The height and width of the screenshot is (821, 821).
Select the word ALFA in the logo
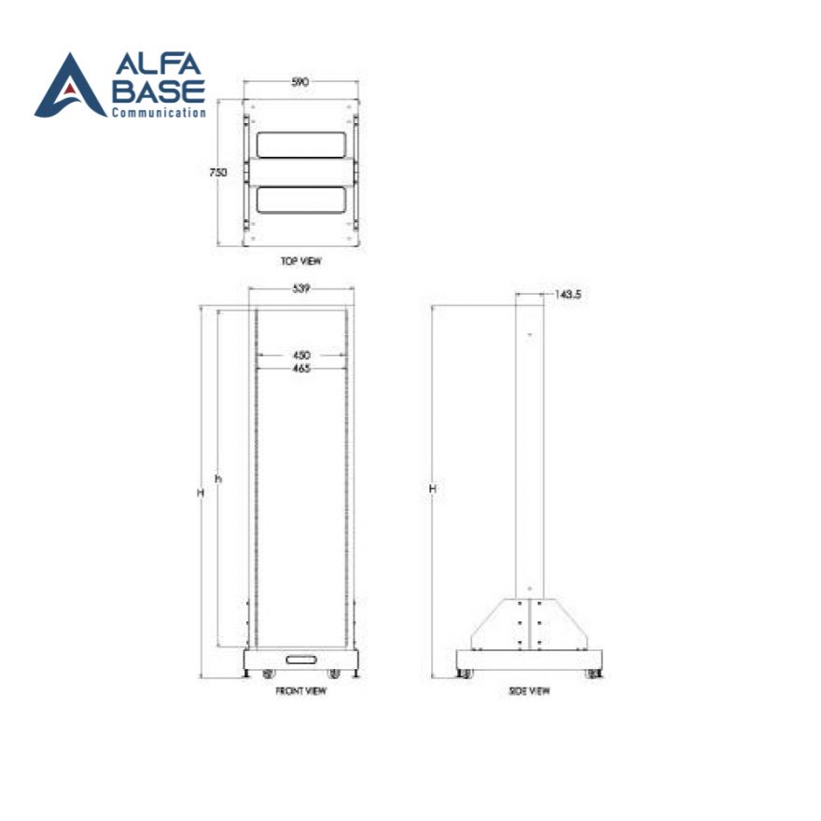158,66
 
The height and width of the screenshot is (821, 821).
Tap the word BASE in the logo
159,91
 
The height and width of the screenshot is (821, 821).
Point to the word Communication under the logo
159,113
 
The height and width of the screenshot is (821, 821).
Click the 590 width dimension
300,83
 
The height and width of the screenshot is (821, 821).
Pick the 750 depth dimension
217,173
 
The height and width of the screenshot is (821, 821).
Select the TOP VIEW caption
300,262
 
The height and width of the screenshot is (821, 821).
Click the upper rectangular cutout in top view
300,145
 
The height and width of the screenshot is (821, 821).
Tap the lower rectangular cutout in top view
300,201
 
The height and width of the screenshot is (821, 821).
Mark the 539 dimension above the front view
300,290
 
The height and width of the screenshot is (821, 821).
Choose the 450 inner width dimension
300,355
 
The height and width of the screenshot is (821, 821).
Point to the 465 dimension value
300,369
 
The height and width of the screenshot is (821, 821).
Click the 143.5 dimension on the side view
568,294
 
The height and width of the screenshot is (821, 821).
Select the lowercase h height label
218,479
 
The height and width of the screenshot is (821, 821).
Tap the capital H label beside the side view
431,489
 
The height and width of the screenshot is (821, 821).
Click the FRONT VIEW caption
300,691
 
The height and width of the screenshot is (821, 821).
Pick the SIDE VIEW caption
529,691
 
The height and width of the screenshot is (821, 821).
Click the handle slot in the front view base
300,660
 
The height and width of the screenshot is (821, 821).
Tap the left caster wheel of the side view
466,674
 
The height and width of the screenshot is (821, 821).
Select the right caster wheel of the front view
334,674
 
